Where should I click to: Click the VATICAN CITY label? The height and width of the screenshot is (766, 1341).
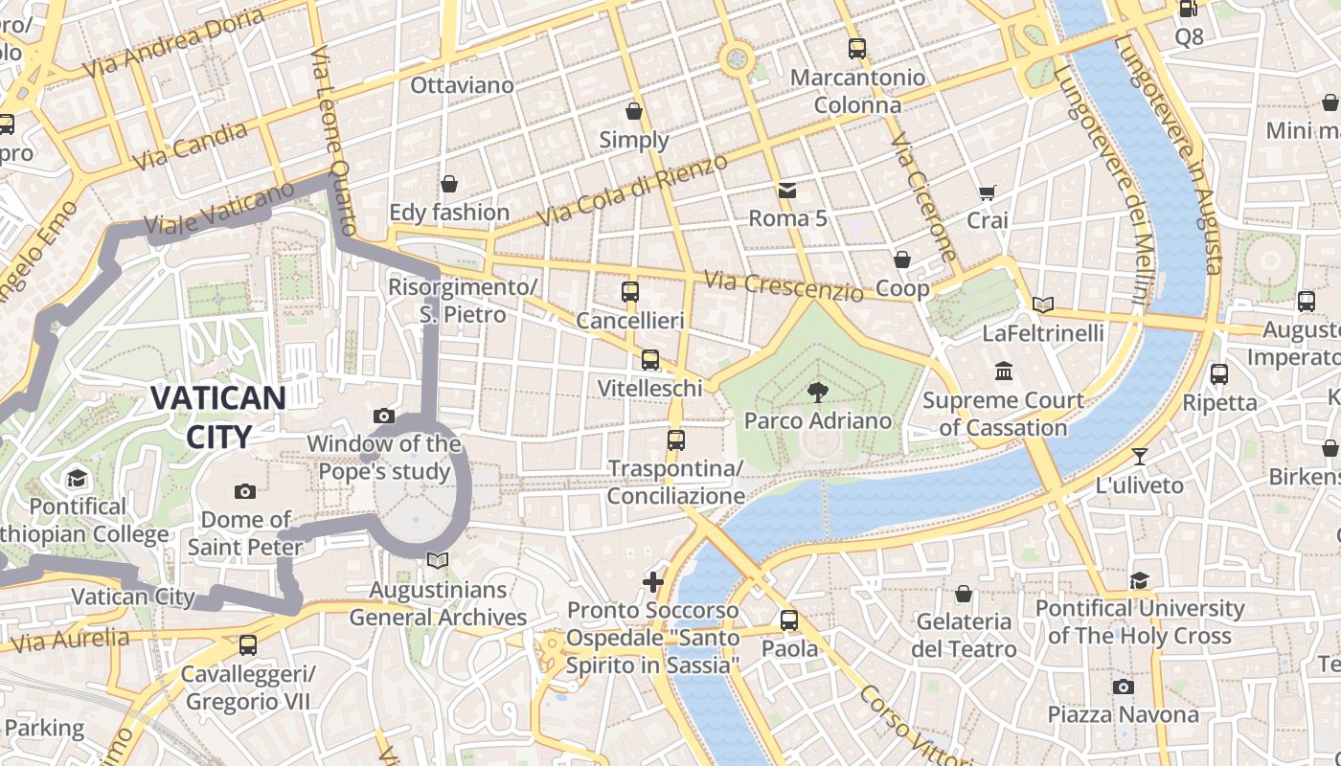(x=218, y=417)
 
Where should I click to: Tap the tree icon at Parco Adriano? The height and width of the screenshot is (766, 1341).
(x=817, y=391)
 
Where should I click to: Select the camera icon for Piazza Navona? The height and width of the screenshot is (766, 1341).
(x=1123, y=687)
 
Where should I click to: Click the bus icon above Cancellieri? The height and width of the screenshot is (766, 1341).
(x=629, y=292)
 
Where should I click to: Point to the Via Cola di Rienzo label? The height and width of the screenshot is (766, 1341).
(x=632, y=191)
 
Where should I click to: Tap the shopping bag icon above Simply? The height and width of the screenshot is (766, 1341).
(x=633, y=111)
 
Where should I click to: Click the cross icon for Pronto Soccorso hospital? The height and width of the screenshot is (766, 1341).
(x=653, y=581)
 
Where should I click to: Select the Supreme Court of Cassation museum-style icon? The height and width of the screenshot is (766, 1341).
(x=1003, y=371)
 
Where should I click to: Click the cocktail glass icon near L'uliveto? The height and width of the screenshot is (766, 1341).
(x=1139, y=456)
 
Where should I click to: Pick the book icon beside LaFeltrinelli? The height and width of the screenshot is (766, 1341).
(x=1042, y=304)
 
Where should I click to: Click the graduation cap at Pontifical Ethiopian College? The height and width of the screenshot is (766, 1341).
(x=77, y=477)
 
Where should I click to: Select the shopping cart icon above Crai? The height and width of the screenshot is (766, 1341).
(x=987, y=191)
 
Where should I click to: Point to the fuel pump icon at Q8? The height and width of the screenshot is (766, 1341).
(x=1188, y=9)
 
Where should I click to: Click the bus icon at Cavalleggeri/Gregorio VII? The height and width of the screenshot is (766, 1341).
(x=248, y=644)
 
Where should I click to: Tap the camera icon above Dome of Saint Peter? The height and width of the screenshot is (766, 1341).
(x=245, y=491)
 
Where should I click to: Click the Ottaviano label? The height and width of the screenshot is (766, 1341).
(x=462, y=85)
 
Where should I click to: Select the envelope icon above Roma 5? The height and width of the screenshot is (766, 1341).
(x=786, y=190)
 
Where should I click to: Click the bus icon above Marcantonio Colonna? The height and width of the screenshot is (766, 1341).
(x=856, y=48)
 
